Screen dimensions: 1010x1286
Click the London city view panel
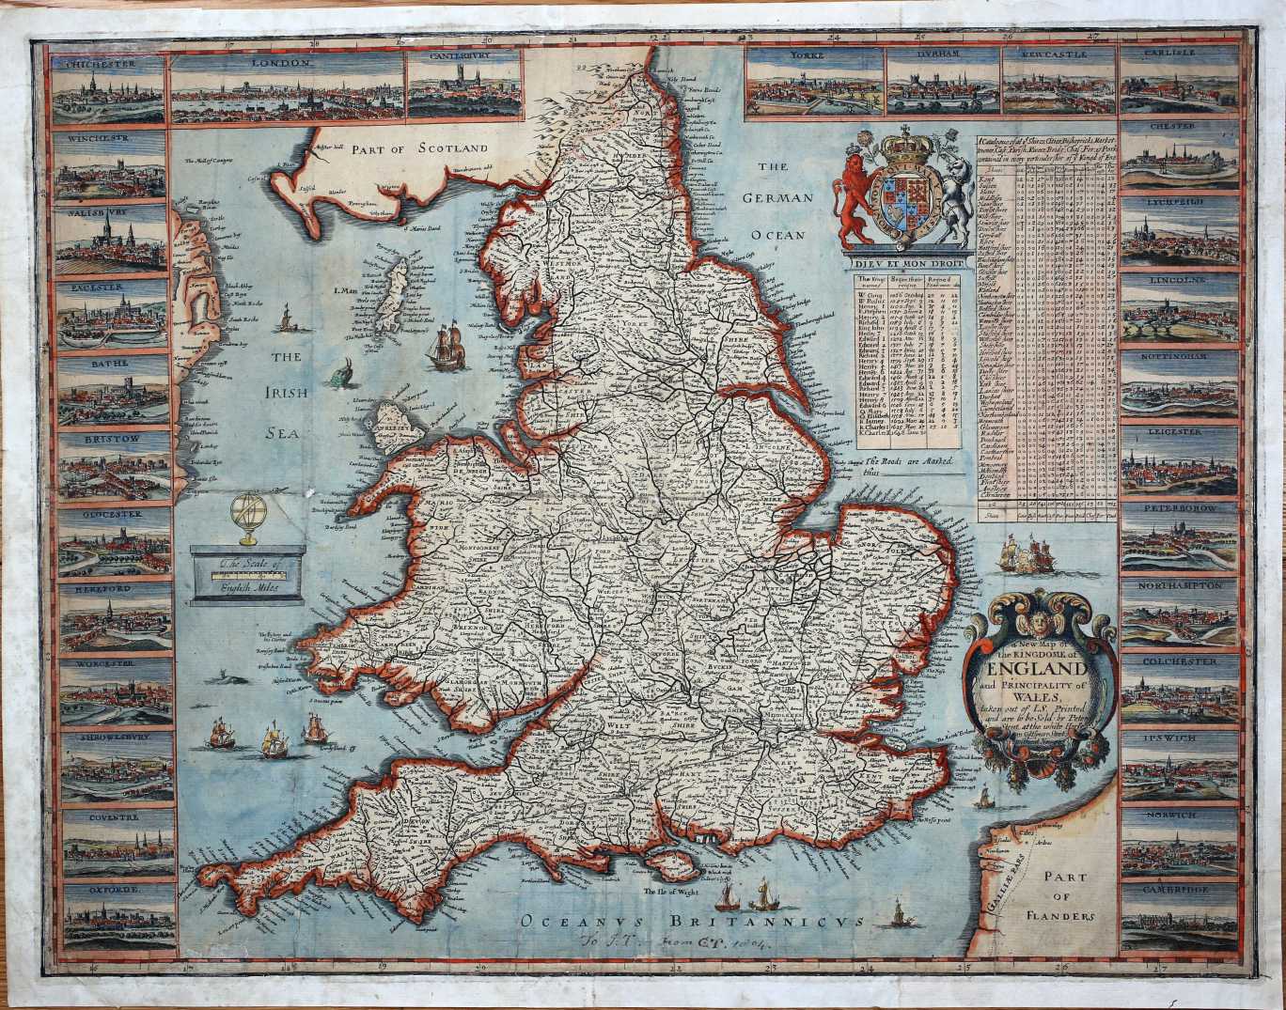tap(287, 87)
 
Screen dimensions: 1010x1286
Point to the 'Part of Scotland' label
tap(419, 148)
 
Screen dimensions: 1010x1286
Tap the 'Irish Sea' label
tap(287, 395)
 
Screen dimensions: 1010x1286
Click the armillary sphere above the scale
tap(249, 519)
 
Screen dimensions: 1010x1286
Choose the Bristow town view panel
tap(115, 464)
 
